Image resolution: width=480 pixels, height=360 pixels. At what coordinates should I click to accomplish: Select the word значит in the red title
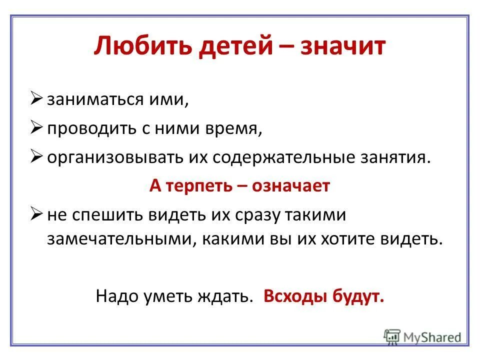point(343,47)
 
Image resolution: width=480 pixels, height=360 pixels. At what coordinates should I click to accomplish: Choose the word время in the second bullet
point(233,129)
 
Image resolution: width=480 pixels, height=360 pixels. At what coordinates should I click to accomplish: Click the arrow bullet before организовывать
point(38,157)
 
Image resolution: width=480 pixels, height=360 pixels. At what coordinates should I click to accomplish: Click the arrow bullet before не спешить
point(38,214)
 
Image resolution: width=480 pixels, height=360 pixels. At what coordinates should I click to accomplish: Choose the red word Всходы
point(294,296)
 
